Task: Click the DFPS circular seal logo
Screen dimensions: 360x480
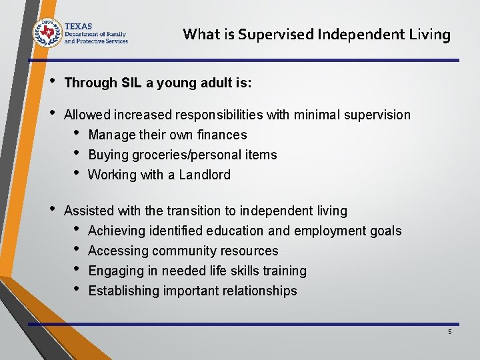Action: (47, 32)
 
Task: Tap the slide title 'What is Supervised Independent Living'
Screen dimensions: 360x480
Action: (317, 34)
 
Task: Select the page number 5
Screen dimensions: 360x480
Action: (450, 331)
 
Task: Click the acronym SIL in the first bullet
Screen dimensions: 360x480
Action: (133, 83)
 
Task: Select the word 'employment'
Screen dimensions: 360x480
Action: (330, 231)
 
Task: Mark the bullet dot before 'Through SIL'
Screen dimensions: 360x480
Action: (53, 81)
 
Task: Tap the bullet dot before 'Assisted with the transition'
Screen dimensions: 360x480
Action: (53, 209)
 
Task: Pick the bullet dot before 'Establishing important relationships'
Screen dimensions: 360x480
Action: (77, 289)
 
